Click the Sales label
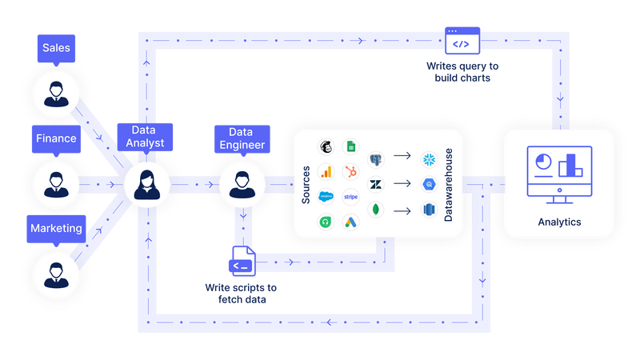click(55, 48)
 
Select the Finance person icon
click(55, 185)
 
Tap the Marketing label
click(56, 229)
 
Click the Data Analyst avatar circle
click(147, 185)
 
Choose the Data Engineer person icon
click(241, 185)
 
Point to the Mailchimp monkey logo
click(326, 146)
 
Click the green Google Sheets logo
click(350, 146)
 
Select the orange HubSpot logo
click(350, 171)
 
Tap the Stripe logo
click(350, 196)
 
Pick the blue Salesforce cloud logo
click(326, 196)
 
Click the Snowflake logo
click(429, 158)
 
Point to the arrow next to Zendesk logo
click(402, 184)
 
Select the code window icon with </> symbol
click(462, 40)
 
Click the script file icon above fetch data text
click(242, 262)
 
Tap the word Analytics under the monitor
click(559, 222)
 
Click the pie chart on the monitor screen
click(542, 161)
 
